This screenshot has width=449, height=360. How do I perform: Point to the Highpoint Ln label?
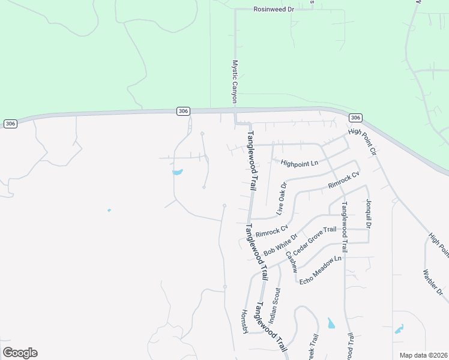click(x=298, y=163)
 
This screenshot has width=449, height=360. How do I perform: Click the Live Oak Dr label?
click(x=282, y=199)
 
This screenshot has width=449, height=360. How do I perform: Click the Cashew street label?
click(x=291, y=262)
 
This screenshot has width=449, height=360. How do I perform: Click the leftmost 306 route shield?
click(x=10, y=124)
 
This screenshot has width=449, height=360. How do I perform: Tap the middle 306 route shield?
click(x=184, y=111)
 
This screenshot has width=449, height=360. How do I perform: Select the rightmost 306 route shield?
click(x=355, y=118)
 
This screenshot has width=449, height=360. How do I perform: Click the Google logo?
click(x=20, y=353)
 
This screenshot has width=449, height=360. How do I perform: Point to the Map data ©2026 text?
click(x=423, y=355)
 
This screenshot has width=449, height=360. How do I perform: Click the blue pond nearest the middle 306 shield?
click(x=177, y=173)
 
